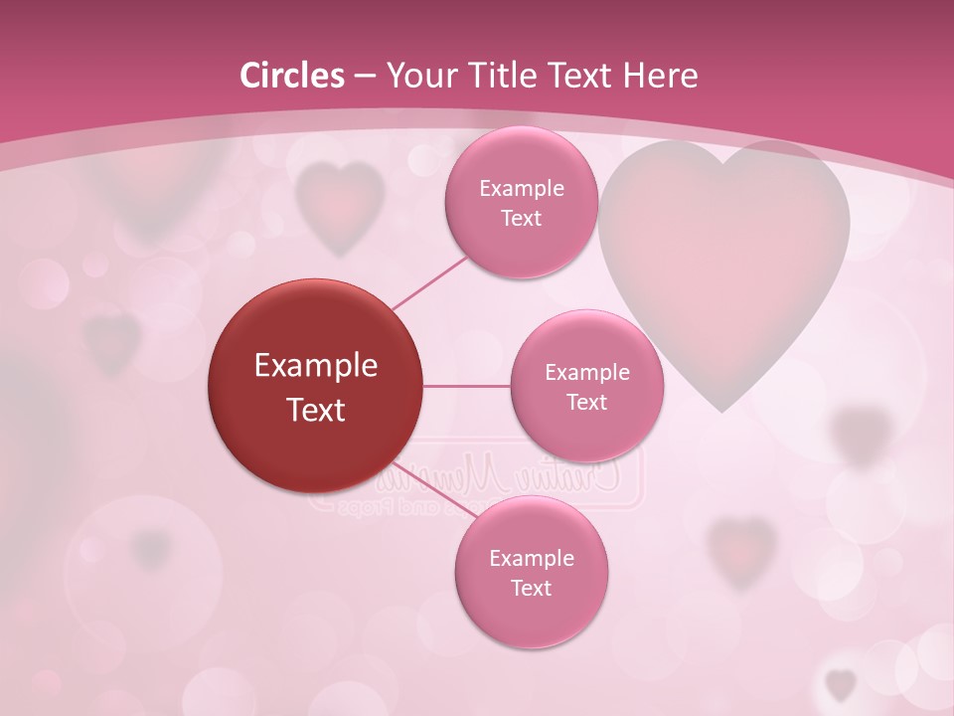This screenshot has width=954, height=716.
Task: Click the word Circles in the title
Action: (x=291, y=76)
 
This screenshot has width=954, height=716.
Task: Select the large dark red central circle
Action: (x=315, y=386)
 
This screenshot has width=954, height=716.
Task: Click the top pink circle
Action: (x=521, y=202)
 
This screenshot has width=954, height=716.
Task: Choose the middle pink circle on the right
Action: (x=586, y=386)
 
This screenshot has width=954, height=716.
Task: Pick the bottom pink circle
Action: (x=531, y=572)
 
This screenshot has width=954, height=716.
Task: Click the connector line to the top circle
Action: (x=430, y=282)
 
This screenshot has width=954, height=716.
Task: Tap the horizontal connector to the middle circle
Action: (x=466, y=386)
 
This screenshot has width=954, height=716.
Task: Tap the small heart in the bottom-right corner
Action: (x=841, y=684)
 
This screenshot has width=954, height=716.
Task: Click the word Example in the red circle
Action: (x=315, y=366)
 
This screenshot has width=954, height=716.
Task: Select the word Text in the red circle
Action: (x=315, y=410)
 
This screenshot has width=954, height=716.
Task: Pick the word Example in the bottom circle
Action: (x=531, y=558)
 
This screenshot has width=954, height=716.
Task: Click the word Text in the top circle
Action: (x=521, y=219)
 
